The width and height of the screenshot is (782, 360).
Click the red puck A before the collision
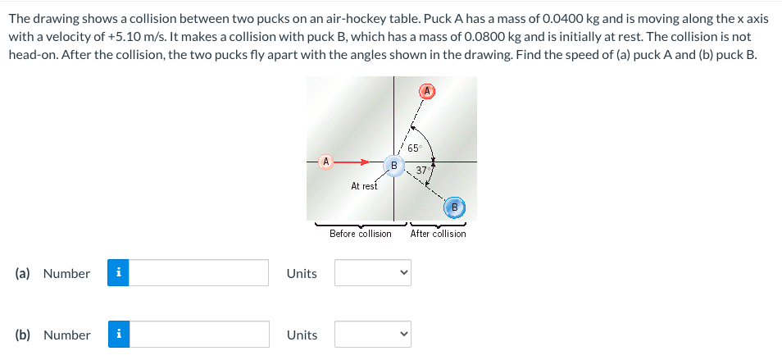pyautogui.click(x=326, y=162)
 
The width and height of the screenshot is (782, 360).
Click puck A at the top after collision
pyautogui.click(x=426, y=91)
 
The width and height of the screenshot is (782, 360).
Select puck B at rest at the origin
pyautogui.click(x=393, y=165)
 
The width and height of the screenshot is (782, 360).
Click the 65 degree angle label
pyautogui.click(x=413, y=148)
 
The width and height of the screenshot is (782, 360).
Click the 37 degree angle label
pyautogui.click(x=421, y=171)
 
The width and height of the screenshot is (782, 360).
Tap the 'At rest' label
pyautogui.click(x=364, y=186)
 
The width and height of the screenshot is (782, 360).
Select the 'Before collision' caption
pyautogui.click(x=360, y=234)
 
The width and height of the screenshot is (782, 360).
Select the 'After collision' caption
pyautogui.click(x=438, y=234)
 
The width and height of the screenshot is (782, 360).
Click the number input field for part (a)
pyautogui.click(x=199, y=273)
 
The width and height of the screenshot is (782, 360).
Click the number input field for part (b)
pyautogui.click(x=199, y=335)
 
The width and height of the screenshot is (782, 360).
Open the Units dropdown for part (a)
pyautogui.click(x=372, y=273)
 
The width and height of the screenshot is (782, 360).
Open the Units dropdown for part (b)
pyautogui.click(x=372, y=335)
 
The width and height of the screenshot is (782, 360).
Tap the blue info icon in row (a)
pyautogui.click(x=119, y=273)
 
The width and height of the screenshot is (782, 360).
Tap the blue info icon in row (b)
pyautogui.click(x=119, y=335)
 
